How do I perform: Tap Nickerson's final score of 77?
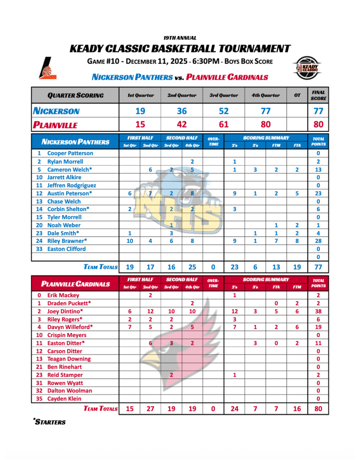point(318,111)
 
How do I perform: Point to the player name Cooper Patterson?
point(70,153)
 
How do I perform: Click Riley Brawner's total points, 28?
point(318,241)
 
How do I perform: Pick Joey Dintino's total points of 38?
point(318,311)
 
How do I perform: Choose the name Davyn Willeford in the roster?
point(70,327)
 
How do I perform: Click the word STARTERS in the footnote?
point(51,422)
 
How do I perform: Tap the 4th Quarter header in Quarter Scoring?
point(266,96)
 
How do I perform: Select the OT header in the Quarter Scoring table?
point(297,96)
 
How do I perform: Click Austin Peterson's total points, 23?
point(318,193)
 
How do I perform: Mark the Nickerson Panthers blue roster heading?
point(76,142)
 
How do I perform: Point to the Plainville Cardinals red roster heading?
point(76,284)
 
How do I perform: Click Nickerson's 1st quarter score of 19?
point(140,111)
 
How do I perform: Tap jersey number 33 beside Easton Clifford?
point(39,249)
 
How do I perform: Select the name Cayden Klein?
point(65,399)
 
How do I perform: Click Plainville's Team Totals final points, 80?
point(318,409)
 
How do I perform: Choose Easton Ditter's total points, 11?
point(318,343)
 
